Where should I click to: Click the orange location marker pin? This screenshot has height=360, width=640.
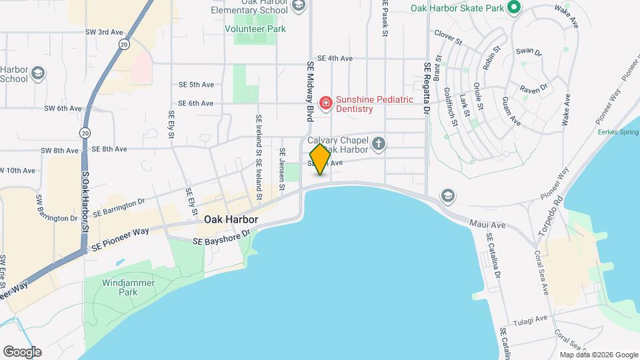[320, 159]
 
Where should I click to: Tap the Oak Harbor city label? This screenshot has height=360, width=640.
[231, 219]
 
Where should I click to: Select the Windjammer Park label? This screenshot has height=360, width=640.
[129, 287]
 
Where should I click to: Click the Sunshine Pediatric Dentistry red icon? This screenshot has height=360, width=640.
[325, 103]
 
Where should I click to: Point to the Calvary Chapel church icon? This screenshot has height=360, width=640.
[378, 143]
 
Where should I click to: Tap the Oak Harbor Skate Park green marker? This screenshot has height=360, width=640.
[513, 8]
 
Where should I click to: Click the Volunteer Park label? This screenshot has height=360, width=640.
[265, 29]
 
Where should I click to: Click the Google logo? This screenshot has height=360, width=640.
[22, 351]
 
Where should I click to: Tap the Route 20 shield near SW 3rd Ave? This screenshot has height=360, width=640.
[124, 44]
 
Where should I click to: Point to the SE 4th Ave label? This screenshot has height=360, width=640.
[335, 59]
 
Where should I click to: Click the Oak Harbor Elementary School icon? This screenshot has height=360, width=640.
[298, 7]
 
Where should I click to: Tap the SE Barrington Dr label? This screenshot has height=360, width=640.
[119, 207]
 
